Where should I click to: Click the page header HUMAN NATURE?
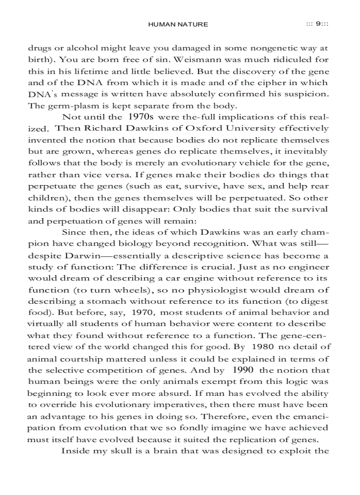click(178, 24)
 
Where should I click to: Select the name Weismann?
click(181, 59)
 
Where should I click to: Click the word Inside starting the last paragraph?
click(74, 450)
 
